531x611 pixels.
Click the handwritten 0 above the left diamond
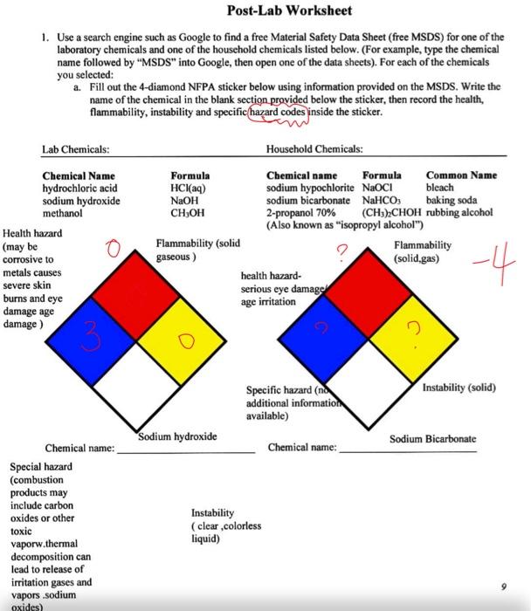111,252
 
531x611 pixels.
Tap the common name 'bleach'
439,188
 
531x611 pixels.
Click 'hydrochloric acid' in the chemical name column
79,188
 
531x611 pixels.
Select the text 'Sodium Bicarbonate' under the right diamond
433,438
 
